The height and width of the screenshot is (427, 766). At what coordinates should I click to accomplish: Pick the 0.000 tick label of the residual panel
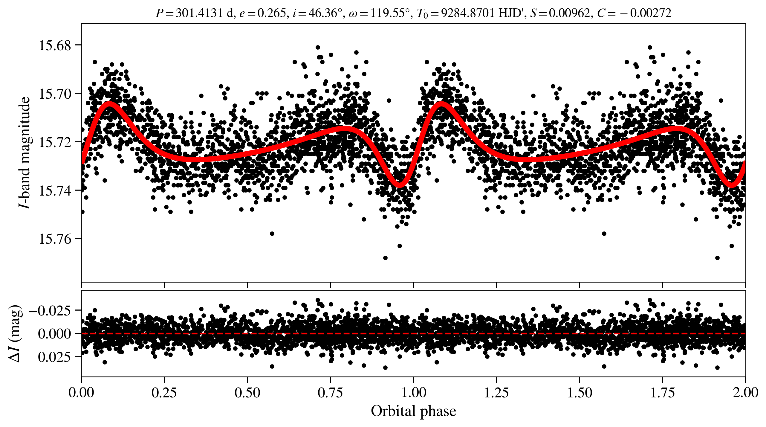55,334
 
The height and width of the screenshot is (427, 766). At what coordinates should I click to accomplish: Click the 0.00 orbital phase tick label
81,393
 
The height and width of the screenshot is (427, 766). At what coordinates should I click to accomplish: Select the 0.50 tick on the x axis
247,393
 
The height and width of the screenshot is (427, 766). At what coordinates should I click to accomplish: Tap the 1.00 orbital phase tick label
414,393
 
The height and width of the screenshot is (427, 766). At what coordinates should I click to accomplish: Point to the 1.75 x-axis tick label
663,393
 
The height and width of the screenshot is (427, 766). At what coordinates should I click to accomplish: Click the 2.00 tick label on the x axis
745,393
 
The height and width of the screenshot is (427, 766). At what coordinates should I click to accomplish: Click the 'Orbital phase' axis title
414,411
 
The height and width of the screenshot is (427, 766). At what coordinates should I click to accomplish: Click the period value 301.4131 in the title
199,13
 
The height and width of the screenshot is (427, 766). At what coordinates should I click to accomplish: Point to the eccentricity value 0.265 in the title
272,13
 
